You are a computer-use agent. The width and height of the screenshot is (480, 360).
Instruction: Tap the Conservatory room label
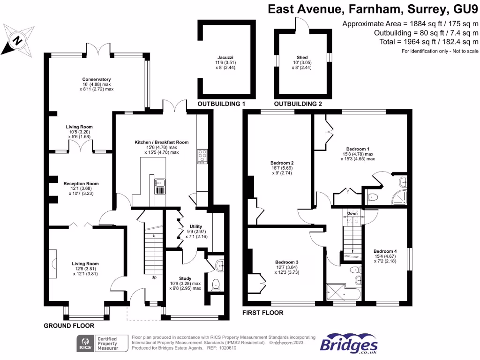(97, 79)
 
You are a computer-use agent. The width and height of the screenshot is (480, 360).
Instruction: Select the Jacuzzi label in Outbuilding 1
(225, 57)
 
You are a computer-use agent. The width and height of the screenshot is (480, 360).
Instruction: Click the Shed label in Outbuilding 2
(302, 57)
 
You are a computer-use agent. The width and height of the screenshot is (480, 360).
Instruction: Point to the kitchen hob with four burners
(202, 157)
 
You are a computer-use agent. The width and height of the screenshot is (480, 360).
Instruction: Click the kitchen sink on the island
(160, 183)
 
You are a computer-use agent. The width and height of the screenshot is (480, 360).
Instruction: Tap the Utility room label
(196, 226)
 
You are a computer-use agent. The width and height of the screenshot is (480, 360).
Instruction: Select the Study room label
(185, 278)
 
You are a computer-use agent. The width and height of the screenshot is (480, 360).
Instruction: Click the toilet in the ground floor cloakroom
(216, 285)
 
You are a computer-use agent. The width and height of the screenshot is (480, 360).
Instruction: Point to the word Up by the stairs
(154, 277)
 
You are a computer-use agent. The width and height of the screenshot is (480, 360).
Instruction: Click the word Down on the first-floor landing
(352, 213)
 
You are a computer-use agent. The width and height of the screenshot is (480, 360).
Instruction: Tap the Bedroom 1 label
(358, 149)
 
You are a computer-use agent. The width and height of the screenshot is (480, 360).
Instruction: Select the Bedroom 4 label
(385, 251)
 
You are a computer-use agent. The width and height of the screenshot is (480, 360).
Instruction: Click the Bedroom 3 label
(287, 262)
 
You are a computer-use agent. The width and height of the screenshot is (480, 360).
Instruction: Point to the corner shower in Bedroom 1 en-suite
(400, 198)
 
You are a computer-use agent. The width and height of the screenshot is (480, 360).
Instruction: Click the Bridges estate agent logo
(349, 344)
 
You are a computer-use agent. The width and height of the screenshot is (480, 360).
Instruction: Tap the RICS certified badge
(102, 344)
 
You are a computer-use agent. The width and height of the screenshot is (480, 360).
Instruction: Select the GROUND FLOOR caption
(69, 326)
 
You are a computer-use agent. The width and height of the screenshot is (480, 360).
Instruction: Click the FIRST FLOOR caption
(262, 313)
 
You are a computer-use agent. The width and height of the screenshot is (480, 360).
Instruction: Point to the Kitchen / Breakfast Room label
(162, 142)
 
